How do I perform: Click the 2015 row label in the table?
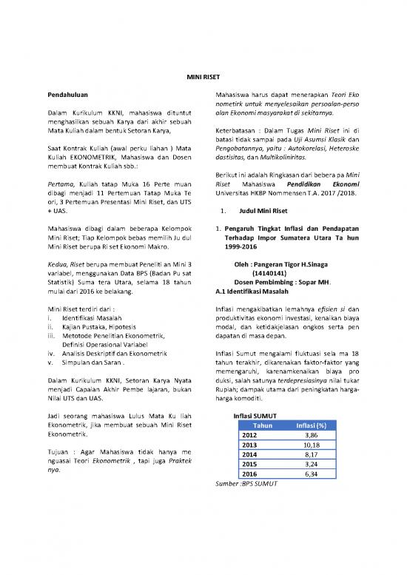coord(249,464)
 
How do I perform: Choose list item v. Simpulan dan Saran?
coord(93,363)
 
